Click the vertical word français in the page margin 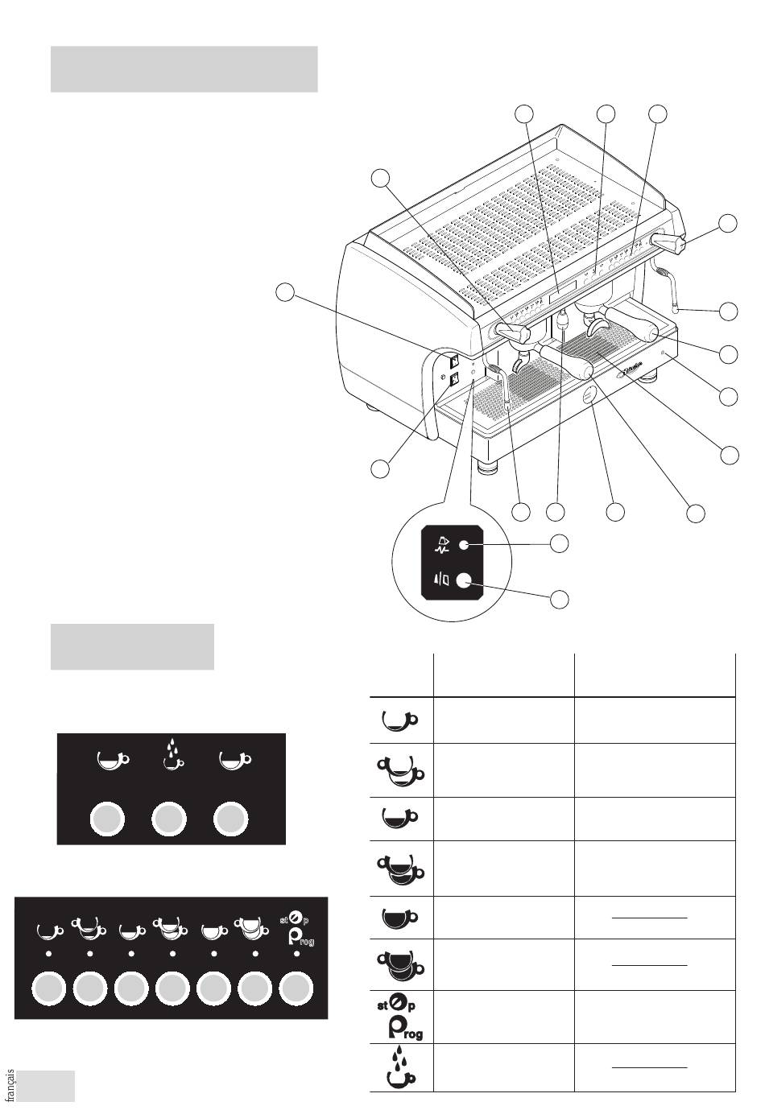(x=10, y=1084)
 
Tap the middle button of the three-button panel (x=169, y=819)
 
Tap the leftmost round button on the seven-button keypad (x=48, y=988)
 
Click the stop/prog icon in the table (x=400, y=1017)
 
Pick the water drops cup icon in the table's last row (x=400, y=1067)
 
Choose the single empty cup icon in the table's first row (x=400, y=719)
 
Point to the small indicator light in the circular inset (x=463, y=545)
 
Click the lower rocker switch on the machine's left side (x=454, y=378)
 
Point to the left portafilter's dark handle (x=566, y=360)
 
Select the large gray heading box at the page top (x=184, y=69)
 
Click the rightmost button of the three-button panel (x=230, y=819)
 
